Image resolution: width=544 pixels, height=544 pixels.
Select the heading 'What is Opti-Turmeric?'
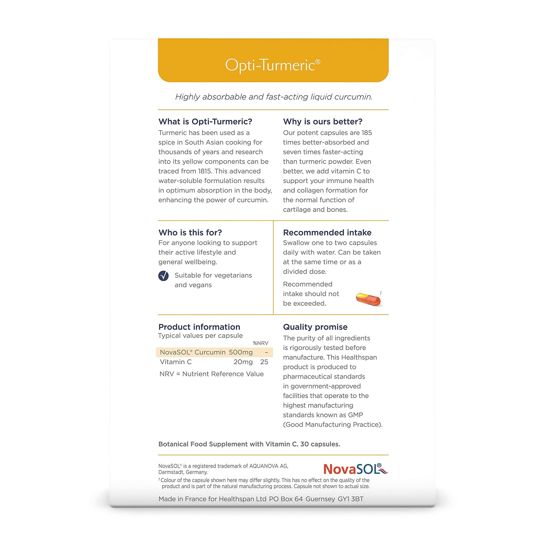pos(205,121)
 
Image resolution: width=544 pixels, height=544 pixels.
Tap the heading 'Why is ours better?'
pos(323,121)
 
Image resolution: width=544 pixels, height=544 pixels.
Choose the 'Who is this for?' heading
pos(190,232)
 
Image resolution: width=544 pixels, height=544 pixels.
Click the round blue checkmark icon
pos(164,276)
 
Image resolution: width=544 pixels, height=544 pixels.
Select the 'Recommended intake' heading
pos(327,232)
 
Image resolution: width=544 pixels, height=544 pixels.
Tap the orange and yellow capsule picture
pos(368,299)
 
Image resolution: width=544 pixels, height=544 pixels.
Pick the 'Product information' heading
pos(199,327)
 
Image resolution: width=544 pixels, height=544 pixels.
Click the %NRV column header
pos(261,343)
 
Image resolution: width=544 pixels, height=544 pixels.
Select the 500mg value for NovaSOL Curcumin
pos(241,352)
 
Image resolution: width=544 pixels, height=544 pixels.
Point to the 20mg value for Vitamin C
pos(243,362)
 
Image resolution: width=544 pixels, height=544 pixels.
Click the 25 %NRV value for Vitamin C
pos(264,362)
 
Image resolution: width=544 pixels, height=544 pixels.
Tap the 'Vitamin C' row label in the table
pos(176,362)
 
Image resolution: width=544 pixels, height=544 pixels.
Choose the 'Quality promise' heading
pos(315,327)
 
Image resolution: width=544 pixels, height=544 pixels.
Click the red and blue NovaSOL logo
pos(355,469)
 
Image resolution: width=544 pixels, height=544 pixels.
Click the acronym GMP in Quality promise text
pos(355,415)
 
